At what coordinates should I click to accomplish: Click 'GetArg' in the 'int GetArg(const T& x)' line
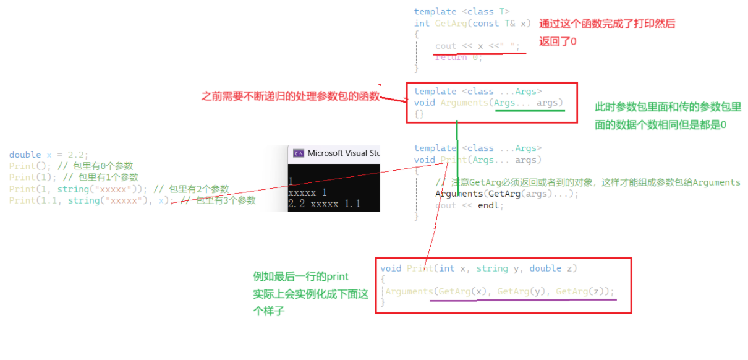pyautogui.click(x=450, y=24)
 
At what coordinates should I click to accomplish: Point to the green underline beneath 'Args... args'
pyautogui.click(x=529, y=111)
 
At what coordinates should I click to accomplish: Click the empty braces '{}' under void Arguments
pyautogui.click(x=419, y=114)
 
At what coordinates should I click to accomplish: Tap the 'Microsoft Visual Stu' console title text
pyautogui.click(x=343, y=153)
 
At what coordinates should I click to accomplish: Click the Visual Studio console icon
pyautogui.click(x=298, y=153)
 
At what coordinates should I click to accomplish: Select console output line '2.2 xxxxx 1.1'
pyautogui.click(x=325, y=204)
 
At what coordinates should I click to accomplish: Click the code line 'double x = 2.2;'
pyautogui.click(x=49, y=155)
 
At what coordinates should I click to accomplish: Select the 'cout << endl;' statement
pyautogui.click(x=469, y=205)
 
